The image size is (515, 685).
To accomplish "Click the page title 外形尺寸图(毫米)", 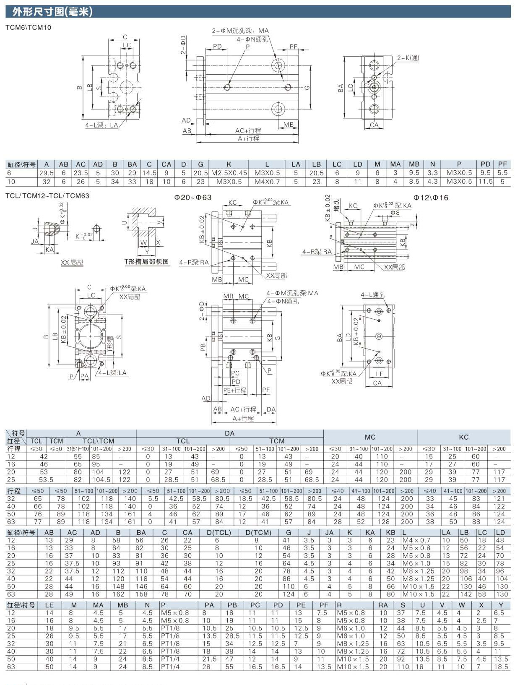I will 52,12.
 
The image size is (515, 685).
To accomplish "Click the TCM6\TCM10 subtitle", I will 29,28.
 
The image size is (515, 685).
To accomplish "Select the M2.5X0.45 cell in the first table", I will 229,173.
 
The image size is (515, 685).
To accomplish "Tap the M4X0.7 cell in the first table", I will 267,182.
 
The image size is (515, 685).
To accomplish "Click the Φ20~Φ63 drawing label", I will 193,197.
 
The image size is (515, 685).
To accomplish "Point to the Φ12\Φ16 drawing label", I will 431,198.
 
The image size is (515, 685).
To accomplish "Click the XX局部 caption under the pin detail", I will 72,263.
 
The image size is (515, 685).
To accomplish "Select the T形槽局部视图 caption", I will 147,262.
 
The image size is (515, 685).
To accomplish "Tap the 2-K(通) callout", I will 408,58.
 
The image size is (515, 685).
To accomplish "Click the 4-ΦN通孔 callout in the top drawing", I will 252,39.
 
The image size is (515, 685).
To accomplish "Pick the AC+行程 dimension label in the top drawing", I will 248,130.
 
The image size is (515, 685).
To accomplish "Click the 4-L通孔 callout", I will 373,295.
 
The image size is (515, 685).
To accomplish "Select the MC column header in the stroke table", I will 370,437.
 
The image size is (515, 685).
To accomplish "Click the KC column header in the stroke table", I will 463,437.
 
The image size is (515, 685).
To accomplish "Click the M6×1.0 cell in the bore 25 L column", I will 416,563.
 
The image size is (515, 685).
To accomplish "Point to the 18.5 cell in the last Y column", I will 501,667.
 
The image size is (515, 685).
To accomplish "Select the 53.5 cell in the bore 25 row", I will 46,479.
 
